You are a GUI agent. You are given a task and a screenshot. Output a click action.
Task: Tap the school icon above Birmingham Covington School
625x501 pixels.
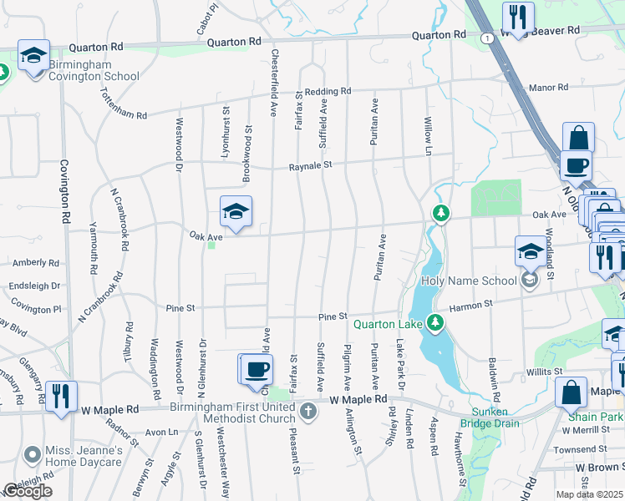point(33,56)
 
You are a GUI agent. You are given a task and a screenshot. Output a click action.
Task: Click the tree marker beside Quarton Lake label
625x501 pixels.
point(434,322)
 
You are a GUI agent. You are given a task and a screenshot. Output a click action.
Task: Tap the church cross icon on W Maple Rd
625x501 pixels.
point(308,410)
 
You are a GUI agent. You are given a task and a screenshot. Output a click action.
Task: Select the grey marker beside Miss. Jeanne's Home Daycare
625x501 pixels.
point(32,455)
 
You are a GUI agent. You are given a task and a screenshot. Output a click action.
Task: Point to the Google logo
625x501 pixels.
point(28,491)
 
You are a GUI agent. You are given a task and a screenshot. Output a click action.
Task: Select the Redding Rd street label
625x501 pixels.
point(328,91)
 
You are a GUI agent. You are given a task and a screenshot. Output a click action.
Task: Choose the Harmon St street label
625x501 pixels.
point(470,306)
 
